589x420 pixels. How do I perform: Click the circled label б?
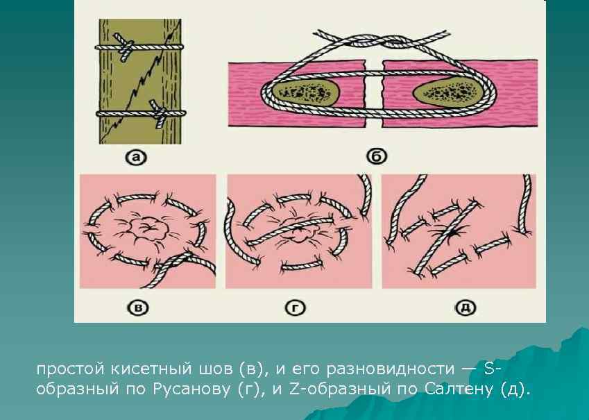[x=377, y=156]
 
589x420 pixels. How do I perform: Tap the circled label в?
[x=138, y=308]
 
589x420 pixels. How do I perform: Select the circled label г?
[x=295, y=308]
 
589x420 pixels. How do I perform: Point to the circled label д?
[x=466, y=308]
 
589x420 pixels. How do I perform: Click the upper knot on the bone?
[x=124, y=47]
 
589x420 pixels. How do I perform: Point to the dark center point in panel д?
[x=454, y=233]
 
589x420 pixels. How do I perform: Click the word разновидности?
[x=391, y=369]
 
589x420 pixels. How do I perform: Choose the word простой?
[x=71, y=369]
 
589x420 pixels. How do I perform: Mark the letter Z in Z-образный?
[x=293, y=389]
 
